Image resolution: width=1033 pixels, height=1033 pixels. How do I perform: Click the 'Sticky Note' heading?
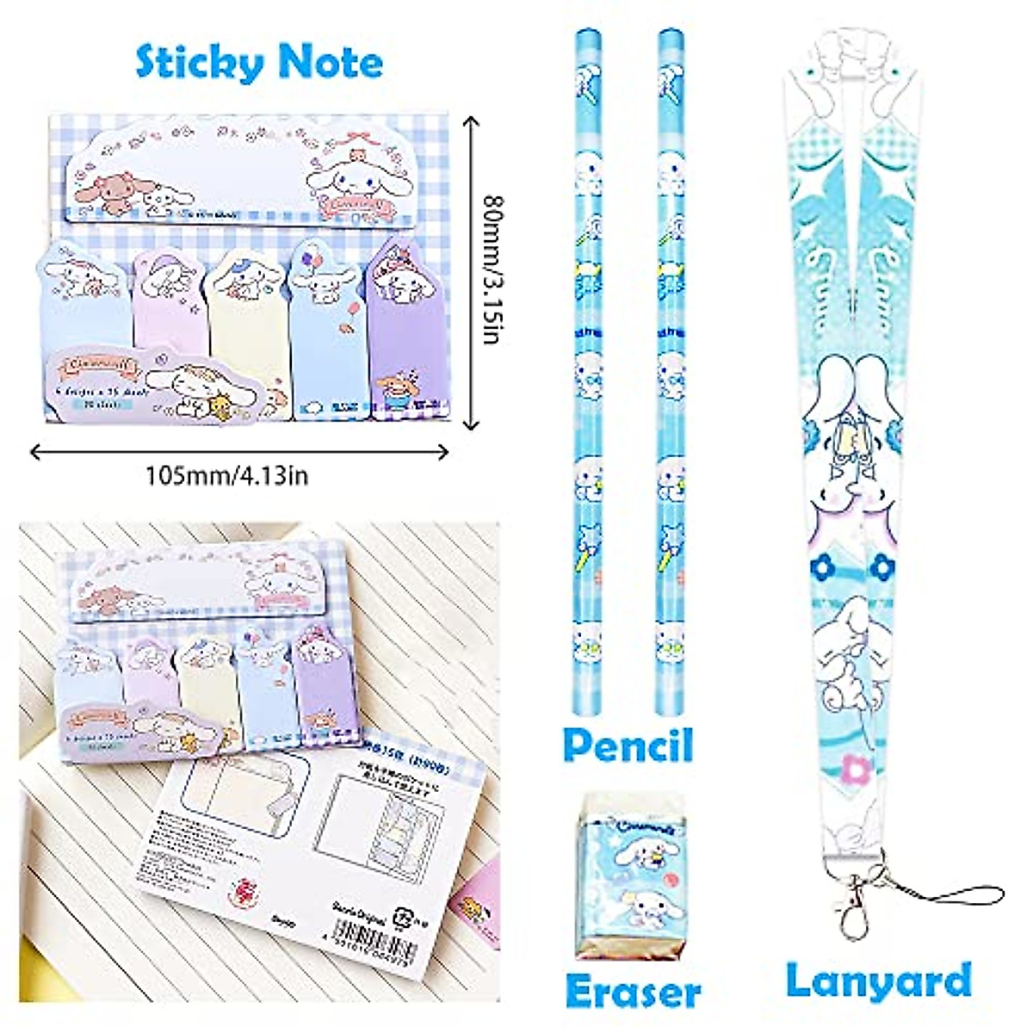click(x=259, y=63)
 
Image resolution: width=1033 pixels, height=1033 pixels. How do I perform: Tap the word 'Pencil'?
click(x=628, y=746)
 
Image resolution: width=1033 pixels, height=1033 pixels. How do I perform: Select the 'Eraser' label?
click(x=633, y=993)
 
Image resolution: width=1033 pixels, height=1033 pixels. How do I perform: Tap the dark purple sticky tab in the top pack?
click(x=399, y=327)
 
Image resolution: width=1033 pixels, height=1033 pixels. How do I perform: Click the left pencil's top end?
click(x=590, y=39)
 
